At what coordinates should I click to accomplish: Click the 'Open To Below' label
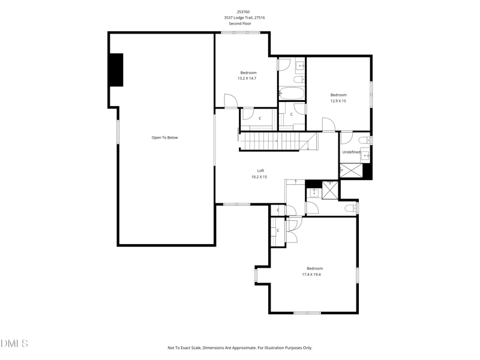point(164,137)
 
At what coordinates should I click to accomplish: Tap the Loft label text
point(260,170)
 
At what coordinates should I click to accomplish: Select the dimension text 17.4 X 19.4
point(311,274)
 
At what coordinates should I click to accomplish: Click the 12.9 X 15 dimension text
point(338,101)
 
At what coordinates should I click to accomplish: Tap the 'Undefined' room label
point(351,152)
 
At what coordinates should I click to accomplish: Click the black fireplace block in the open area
point(116,70)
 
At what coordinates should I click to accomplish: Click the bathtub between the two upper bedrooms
point(292,94)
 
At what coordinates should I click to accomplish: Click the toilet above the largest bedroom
point(352,208)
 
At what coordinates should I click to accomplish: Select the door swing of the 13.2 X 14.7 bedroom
point(230,101)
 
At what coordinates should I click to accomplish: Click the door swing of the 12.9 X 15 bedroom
point(328,124)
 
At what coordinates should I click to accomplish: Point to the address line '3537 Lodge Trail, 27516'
point(244,18)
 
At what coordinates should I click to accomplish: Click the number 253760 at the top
point(244,11)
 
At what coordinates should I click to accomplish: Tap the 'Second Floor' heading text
point(244,24)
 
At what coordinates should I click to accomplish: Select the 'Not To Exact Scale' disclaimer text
point(239,347)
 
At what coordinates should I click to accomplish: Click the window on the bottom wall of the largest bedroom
point(307,313)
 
